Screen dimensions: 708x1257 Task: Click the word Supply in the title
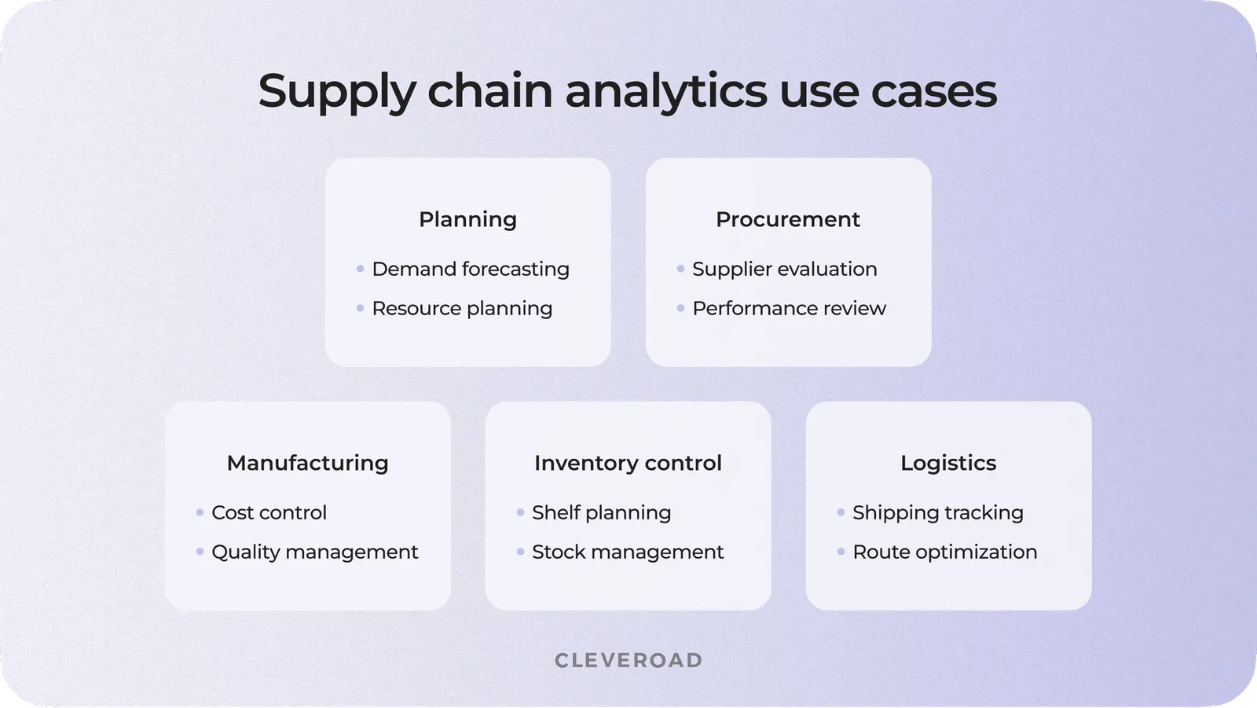point(336,92)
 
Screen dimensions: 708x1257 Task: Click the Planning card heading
point(467,219)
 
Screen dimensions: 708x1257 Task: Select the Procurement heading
point(787,219)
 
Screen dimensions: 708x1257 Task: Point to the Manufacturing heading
point(307,463)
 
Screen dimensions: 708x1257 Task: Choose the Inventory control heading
point(628,463)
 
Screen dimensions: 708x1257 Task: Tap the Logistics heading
point(947,463)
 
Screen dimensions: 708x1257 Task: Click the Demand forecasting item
point(470,269)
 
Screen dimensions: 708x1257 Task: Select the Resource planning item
point(462,308)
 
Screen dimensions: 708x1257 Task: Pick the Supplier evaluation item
point(784,269)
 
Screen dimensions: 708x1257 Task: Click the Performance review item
point(789,308)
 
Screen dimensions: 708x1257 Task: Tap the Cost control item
point(269,512)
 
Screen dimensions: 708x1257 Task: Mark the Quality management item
point(314,552)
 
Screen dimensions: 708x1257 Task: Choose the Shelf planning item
point(601,512)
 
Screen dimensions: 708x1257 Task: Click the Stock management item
point(627,552)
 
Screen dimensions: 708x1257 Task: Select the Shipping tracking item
point(937,512)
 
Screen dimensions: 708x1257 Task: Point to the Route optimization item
point(944,552)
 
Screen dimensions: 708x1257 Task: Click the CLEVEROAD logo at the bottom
point(628,660)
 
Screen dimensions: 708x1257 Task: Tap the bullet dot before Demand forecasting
point(360,269)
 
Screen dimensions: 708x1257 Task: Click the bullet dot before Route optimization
point(841,552)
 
